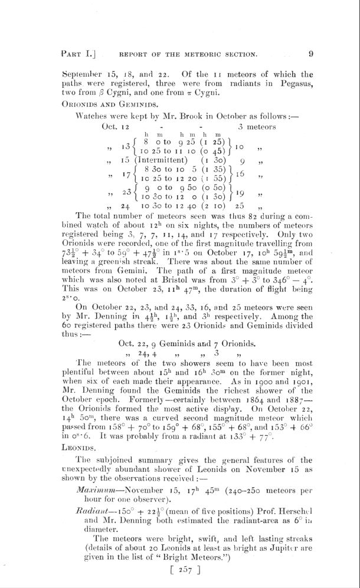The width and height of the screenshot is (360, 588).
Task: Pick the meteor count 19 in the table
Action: tap(240, 207)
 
